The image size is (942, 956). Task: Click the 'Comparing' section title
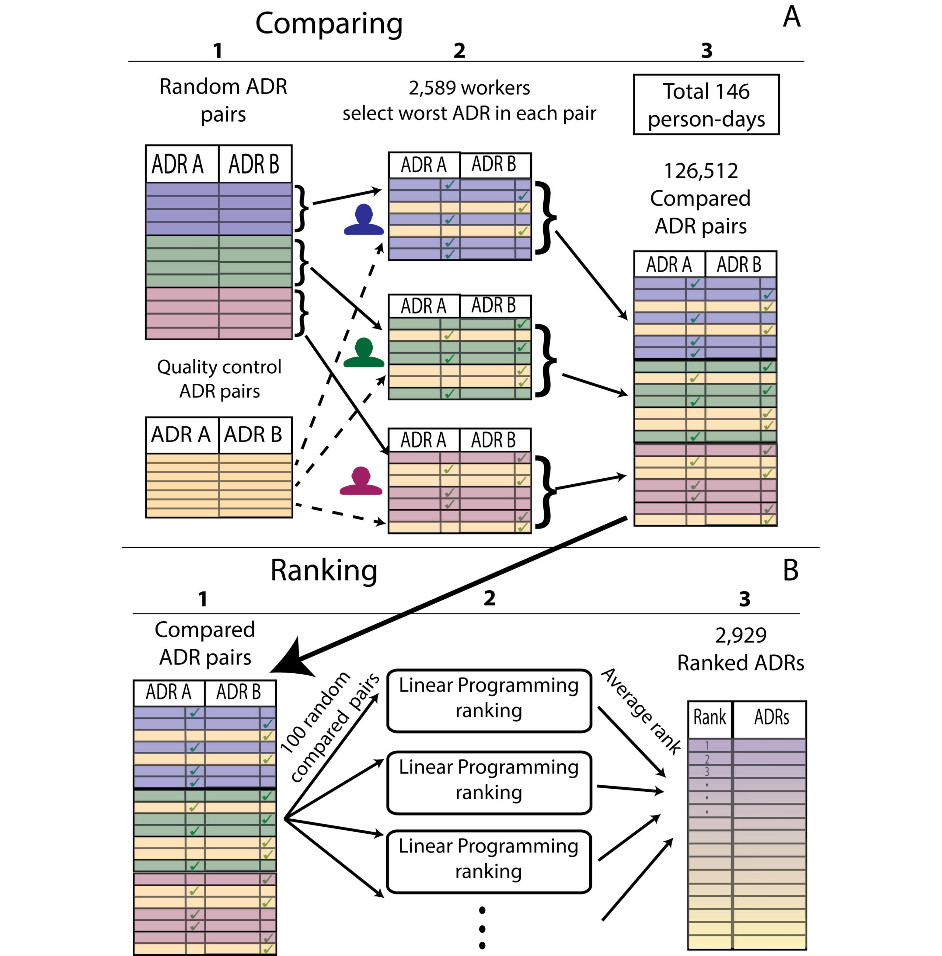[x=329, y=24]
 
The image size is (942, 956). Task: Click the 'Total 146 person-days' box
[x=706, y=105]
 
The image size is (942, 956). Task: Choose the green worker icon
[x=364, y=354]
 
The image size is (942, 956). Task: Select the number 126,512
[x=701, y=171]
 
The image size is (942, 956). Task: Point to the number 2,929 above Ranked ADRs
[x=741, y=635]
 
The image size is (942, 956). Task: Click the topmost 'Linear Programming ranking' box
[x=489, y=700]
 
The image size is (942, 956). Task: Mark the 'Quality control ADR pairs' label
[x=219, y=379]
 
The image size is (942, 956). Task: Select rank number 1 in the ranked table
[x=706, y=745]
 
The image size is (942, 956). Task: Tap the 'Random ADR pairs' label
[x=223, y=100]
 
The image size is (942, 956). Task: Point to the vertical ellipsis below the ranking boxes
[x=483, y=928]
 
